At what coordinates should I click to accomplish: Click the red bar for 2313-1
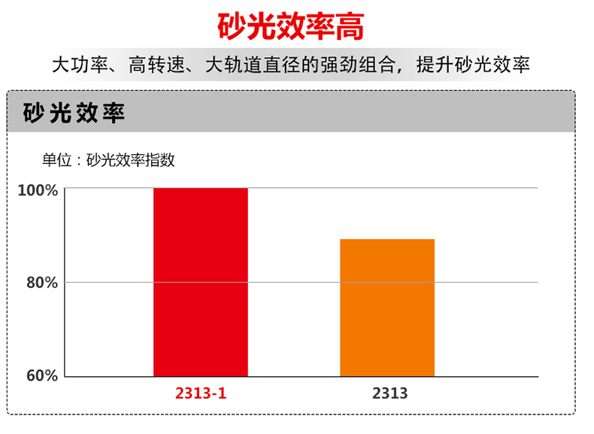200,282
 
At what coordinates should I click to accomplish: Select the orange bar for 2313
387,308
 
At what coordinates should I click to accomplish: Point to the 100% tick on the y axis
38,190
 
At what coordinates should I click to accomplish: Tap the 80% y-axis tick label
42,283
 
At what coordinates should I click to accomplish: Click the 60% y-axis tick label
42,376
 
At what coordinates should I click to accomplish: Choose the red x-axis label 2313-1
200,393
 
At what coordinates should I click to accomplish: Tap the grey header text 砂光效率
74,113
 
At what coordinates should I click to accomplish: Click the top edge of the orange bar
387,240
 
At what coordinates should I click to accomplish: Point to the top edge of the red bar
200,189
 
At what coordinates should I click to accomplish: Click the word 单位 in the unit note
56,159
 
